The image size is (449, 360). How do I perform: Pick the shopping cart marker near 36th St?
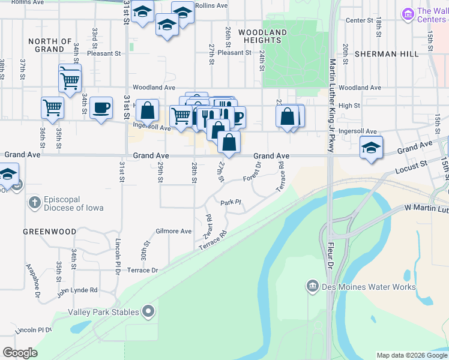click(52, 107)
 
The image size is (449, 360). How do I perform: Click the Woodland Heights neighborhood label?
click(262, 36)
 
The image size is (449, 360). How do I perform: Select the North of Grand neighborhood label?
click(50, 45)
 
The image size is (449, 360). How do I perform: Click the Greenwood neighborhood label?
click(50, 232)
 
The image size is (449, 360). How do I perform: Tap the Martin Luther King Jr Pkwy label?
click(331, 106)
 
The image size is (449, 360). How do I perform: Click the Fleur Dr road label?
click(330, 256)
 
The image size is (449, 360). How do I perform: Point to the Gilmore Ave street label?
click(173, 231)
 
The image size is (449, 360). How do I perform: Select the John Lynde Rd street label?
click(77, 290)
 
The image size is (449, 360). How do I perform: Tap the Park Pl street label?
click(230, 202)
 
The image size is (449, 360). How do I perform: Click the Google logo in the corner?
click(20, 353)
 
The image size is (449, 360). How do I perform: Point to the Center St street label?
click(360, 20)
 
